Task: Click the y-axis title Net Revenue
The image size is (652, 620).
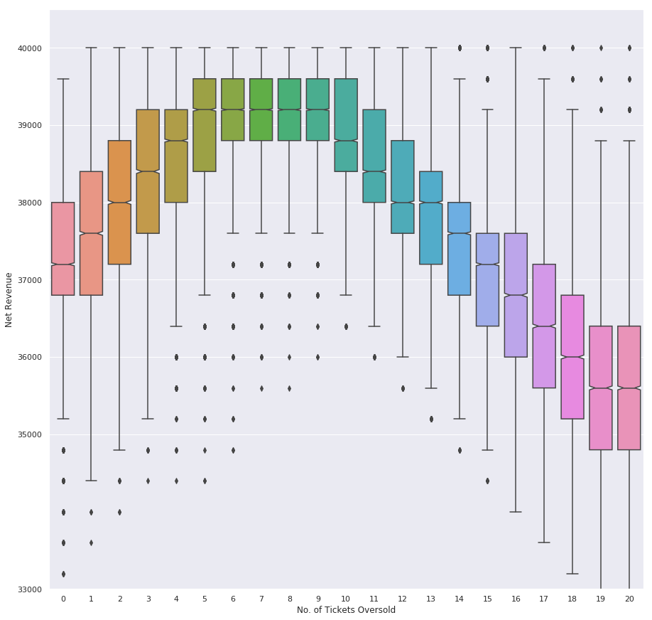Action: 9,299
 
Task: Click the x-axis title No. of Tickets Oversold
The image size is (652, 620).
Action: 346,610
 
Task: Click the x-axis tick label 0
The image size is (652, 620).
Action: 63,599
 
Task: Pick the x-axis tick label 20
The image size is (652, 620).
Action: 629,599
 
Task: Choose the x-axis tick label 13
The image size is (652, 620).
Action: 431,599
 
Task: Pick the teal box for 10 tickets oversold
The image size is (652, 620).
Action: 346,125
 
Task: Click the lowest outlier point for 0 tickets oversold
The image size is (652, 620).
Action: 63,574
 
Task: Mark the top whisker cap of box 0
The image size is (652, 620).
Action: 63,79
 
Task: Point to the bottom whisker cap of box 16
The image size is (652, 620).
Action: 516,512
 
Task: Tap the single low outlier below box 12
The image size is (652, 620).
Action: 403,388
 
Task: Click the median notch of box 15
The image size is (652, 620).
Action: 487,264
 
